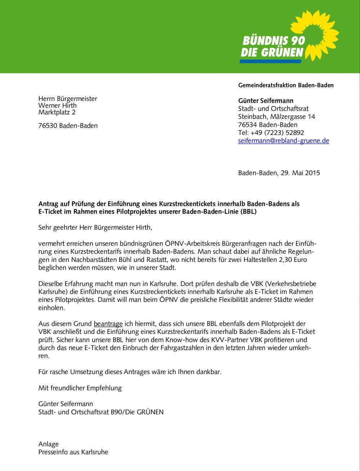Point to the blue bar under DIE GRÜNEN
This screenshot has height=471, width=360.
(270, 61)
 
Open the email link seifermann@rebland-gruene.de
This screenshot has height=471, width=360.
(284, 141)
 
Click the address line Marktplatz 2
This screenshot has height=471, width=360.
(57, 112)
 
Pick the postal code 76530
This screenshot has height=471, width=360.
(48, 126)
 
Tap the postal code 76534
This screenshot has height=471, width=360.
(248, 125)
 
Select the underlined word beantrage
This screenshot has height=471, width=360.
(108, 324)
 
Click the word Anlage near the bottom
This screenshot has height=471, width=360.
(49, 444)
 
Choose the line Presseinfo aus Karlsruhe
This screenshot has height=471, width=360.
(73, 452)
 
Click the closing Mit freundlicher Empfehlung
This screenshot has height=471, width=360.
(80, 388)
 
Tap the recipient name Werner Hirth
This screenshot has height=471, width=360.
(58, 106)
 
